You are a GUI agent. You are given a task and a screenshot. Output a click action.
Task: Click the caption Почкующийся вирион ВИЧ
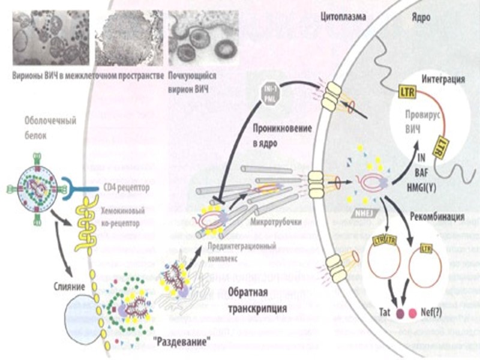click(192, 82)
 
